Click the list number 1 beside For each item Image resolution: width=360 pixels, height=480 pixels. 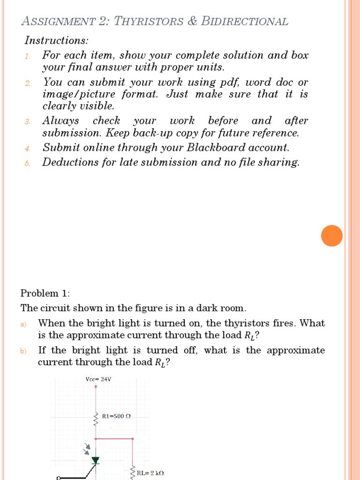point(28,56)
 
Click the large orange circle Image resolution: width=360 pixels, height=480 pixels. point(332,235)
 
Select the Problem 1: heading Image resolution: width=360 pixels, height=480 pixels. point(45,293)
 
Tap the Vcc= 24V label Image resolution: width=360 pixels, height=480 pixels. point(98,379)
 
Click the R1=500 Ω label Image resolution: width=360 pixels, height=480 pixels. point(116,416)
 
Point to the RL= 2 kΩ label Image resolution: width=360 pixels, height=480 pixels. point(150,473)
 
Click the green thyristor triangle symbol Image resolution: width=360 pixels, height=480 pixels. point(96,460)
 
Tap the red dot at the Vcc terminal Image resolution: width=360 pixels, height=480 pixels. point(96,387)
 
